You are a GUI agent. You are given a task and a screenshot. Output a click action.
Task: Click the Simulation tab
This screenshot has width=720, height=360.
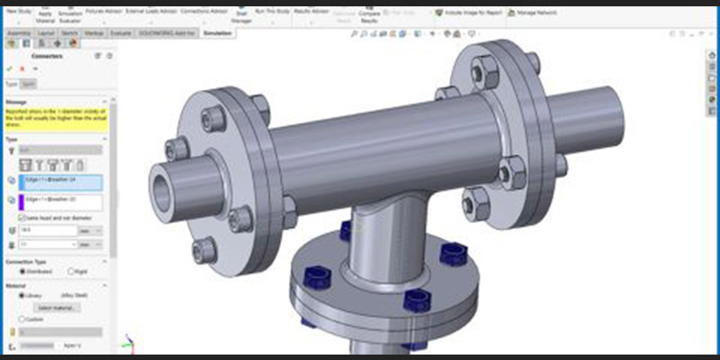click(217, 33)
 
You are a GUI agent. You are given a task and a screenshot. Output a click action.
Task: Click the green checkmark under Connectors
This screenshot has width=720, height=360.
click(10, 68)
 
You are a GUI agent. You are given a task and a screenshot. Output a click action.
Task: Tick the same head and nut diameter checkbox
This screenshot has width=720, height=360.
click(22, 218)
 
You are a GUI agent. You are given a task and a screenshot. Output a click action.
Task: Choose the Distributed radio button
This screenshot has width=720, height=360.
click(23, 271)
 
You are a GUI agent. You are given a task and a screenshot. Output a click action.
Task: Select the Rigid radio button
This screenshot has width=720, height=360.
click(72, 271)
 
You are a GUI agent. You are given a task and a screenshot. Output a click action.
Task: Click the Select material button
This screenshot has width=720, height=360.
click(58, 308)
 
